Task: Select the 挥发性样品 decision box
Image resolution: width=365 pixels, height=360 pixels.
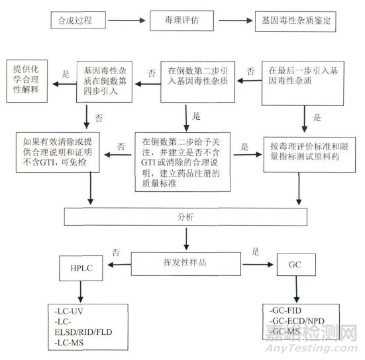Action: (187, 261)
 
